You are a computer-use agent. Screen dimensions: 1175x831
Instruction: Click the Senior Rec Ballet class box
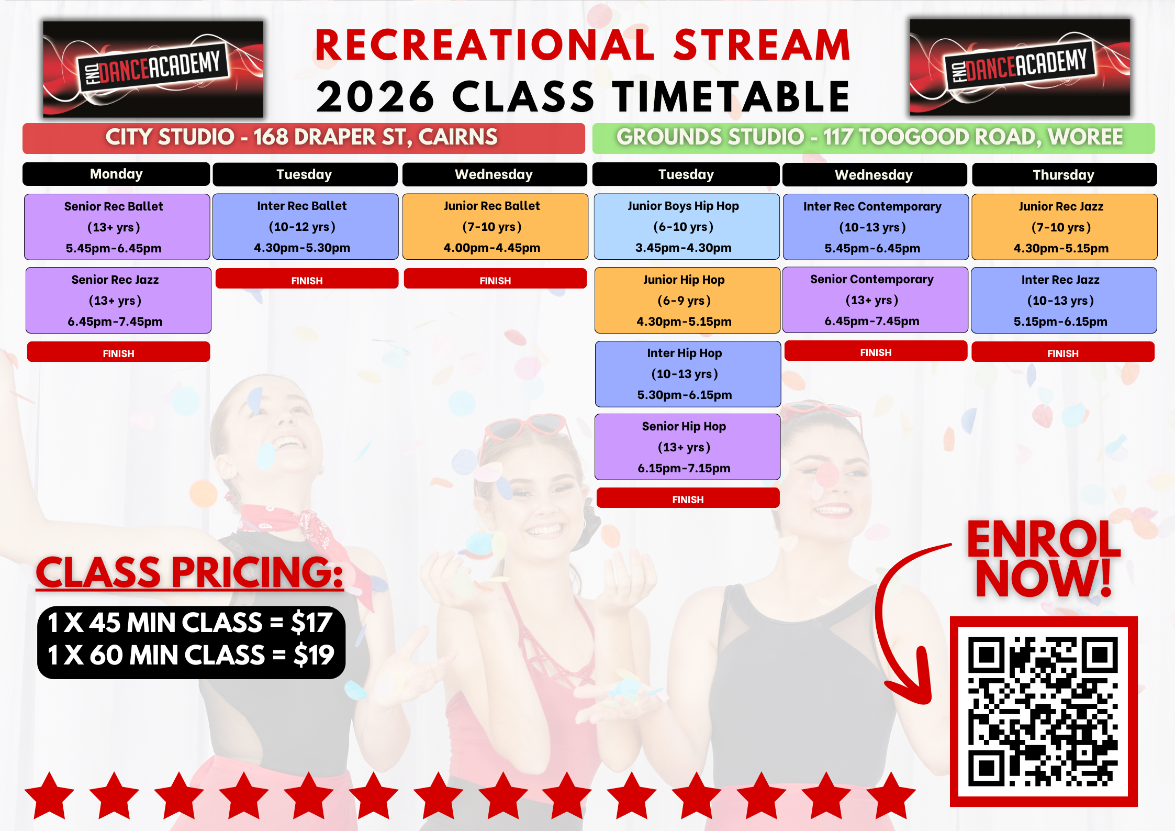coord(117,227)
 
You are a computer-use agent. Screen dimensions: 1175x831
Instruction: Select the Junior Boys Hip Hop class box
coord(687,227)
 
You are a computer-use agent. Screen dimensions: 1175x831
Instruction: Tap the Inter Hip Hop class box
coord(688,374)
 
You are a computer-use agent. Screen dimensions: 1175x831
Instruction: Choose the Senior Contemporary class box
coord(875,300)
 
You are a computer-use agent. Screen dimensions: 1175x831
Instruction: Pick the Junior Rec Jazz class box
coord(1065,227)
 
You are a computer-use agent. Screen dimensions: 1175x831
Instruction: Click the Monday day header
coord(116,174)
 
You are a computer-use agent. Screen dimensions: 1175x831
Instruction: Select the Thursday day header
coord(1065,174)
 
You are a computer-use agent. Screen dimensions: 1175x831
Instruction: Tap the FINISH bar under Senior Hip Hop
coord(688,498)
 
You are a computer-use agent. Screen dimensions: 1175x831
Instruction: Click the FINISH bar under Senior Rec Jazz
coord(119,352)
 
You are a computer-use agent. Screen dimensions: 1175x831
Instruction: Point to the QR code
coord(1043,712)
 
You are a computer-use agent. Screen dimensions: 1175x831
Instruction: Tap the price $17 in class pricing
coord(311,623)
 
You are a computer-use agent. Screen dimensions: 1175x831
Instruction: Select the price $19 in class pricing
coord(314,655)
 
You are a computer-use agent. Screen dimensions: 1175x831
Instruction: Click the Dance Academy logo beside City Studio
coord(153,69)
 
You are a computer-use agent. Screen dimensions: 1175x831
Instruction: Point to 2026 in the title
coord(375,97)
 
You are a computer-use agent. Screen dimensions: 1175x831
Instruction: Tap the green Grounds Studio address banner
coord(874,138)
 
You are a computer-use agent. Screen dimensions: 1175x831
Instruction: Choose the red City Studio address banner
coord(304,138)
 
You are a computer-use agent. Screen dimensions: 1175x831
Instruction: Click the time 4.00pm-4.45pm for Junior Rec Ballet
coord(492,248)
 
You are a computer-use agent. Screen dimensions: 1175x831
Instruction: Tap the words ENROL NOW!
coord(1043,558)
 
